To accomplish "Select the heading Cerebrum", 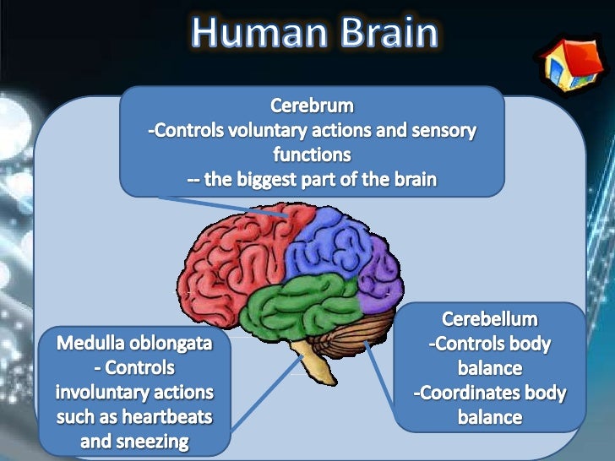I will click(312, 107).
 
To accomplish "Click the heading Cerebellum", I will click(490, 320).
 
